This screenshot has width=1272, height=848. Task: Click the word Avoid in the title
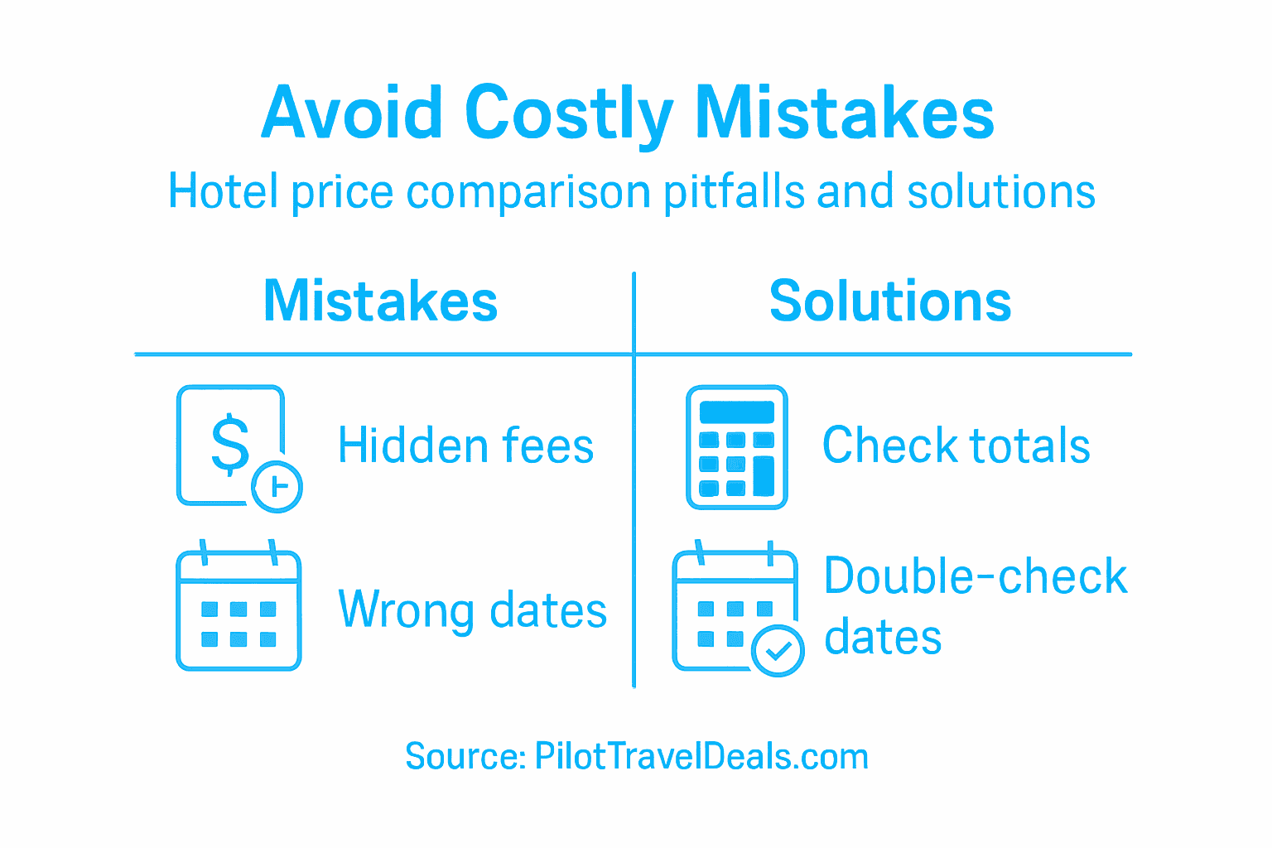point(352,113)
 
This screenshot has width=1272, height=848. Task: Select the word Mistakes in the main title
point(845,113)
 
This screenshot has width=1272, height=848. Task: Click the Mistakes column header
point(381,301)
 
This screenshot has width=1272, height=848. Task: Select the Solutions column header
point(890,301)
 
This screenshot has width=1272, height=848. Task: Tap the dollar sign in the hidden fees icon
point(230,444)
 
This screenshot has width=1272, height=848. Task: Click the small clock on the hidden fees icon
point(277,486)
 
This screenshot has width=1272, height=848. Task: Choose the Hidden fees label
point(466,446)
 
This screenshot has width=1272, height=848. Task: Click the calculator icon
point(736,447)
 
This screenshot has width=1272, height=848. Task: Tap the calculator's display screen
point(736,412)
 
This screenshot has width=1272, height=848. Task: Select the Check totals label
point(956,446)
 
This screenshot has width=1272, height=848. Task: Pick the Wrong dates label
point(473,610)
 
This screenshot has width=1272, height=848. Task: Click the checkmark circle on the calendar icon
point(778,650)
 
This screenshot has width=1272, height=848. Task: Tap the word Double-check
point(976,576)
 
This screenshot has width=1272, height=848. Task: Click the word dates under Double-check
point(883,638)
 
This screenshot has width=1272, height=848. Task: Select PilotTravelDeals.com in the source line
point(701,757)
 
